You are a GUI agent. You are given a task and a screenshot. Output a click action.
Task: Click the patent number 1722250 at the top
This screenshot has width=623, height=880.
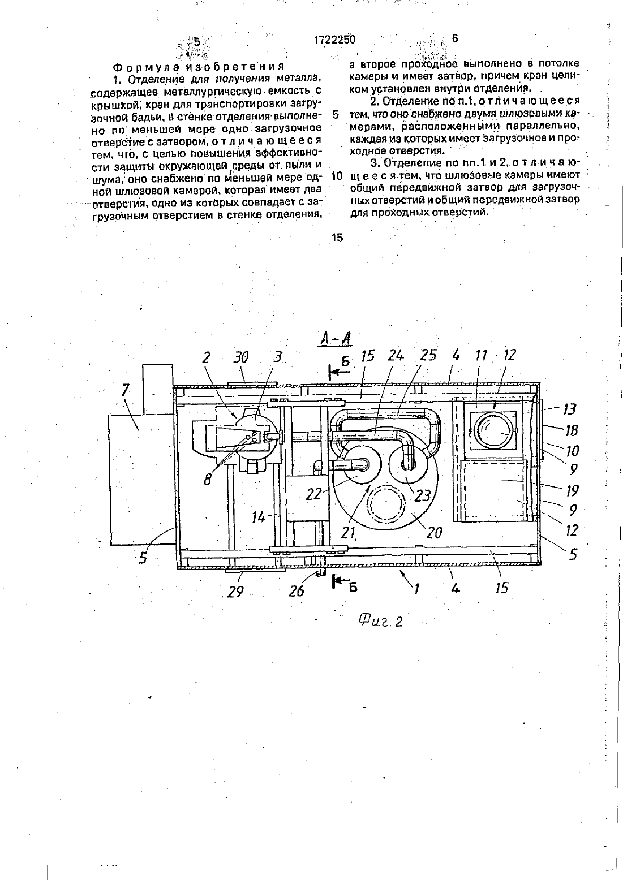(x=334, y=39)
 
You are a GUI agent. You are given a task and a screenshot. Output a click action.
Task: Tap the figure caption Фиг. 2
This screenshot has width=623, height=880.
(x=381, y=620)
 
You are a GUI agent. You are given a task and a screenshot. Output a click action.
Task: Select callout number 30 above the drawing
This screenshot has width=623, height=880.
(x=241, y=357)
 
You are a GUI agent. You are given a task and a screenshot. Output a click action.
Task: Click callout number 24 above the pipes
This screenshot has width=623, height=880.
(x=396, y=356)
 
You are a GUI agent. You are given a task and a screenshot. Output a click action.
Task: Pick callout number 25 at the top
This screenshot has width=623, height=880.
(x=428, y=355)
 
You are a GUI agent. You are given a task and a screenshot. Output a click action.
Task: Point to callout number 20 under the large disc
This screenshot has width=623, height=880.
(x=433, y=533)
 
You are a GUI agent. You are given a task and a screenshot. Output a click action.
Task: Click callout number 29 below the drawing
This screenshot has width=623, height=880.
(x=235, y=591)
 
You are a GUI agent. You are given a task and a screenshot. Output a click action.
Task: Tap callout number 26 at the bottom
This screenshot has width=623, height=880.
(x=297, y=591)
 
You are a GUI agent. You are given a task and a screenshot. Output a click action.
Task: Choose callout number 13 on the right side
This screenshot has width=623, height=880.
(x=569, y=409)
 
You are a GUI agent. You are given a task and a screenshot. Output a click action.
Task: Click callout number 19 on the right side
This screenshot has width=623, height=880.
(x=572, y=491)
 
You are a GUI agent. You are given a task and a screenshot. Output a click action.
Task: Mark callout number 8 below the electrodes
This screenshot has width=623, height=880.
(x=208, y=480)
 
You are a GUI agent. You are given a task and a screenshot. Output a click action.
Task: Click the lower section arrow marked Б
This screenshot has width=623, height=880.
(x=341, y=582)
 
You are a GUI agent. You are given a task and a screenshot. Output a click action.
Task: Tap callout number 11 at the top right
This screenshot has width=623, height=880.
(x=481, y=356)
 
